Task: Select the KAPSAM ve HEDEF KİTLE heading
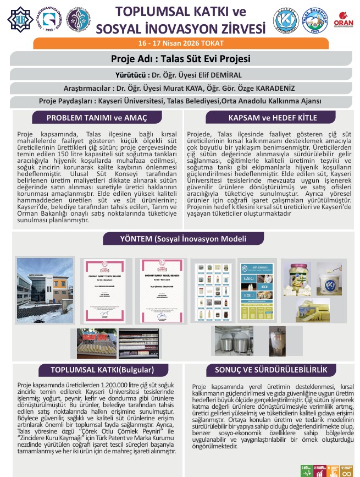[x=268, y=118]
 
